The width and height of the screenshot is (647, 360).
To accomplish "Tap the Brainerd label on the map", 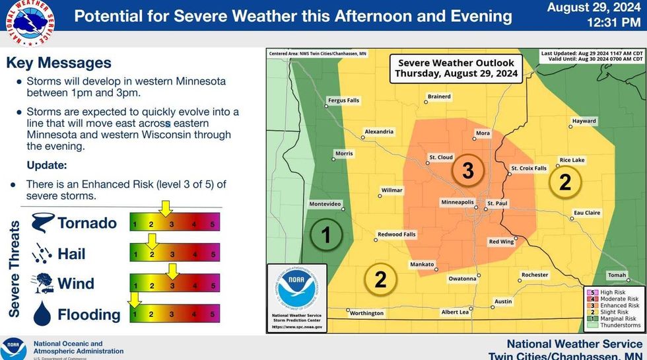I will (439, 96).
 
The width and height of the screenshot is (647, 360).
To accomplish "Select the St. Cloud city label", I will (440, 157).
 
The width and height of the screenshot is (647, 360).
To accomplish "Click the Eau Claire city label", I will (587, 213).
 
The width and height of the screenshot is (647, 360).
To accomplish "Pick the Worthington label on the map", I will (366, 313).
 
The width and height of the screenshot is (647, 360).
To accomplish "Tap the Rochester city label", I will (534, 275).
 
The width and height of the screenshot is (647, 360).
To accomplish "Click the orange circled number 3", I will (468, 171).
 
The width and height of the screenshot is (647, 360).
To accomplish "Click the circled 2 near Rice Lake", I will (564, 182).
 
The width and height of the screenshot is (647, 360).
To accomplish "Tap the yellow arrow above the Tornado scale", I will (166, 209).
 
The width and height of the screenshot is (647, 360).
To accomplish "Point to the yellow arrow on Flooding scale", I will (135, 301).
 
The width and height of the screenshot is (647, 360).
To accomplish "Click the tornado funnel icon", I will (43, 223).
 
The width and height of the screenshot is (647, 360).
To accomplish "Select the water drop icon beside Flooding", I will (42, 314).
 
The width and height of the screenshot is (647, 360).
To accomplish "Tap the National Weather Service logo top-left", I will (20, 22).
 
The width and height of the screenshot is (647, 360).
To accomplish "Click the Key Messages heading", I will (59, 63).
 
